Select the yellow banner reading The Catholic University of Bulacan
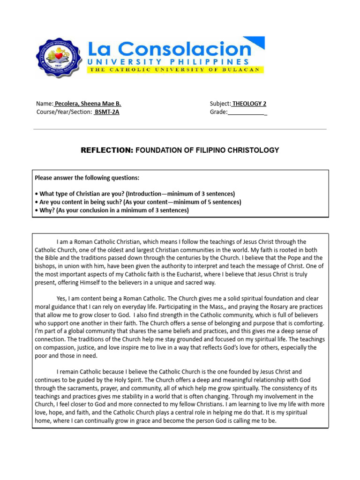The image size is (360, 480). (175, 70)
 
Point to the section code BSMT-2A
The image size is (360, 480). (107, 112)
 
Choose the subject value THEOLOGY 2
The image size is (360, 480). (249, 104)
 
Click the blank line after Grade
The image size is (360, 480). (247, 112)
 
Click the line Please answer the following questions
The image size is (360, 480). (87, 178)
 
